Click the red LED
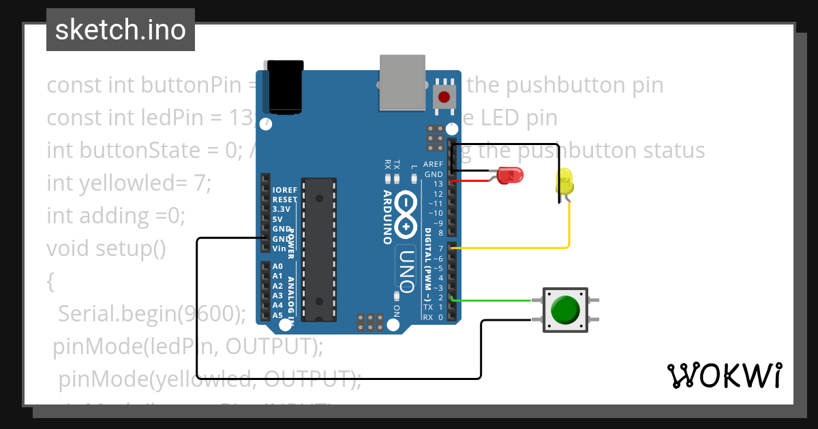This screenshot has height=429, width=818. coord(511,176)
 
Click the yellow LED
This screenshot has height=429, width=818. coord(565,182)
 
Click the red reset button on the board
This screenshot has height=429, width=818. coord(444,97)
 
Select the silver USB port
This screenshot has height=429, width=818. coord(402,83)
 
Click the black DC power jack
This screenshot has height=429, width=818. coord(284,86)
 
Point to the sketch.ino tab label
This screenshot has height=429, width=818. coord(121,30)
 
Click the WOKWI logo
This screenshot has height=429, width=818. coord(723,375)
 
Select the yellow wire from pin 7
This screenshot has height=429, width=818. coord(518,248)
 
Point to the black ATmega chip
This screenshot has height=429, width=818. coord(318,249)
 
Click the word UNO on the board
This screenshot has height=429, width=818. coord(406,270)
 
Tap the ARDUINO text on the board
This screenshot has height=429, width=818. coord(387,217)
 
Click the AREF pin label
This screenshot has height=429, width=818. coord(433,164)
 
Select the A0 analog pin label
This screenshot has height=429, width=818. coord(277,266)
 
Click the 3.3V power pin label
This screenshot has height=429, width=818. coord(282,209)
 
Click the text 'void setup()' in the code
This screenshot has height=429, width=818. coord(106,248)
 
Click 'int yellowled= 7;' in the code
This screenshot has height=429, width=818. coord(130,182)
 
